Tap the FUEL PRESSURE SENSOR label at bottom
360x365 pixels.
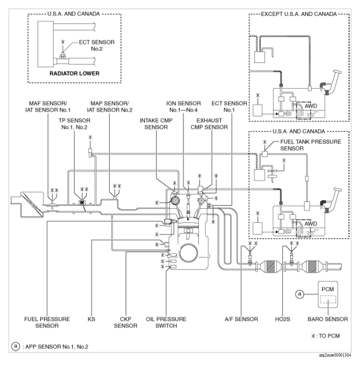(x=47, y=323)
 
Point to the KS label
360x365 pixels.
(x=91, y=319)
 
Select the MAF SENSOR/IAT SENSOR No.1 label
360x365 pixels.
(x=48, y=106)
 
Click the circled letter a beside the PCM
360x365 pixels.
(x=301, y=294)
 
